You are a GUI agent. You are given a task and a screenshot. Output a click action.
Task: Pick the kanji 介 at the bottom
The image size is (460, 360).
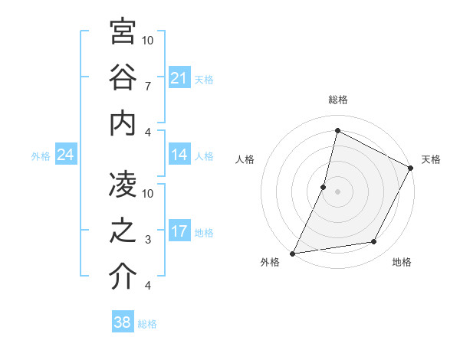pyautogui.click(x=123, y=277)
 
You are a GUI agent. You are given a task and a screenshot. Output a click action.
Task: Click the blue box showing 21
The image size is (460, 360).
pyautogui.click(x=179, y=78)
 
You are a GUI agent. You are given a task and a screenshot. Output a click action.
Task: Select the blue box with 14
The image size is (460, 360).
pyautogui.click(x=179, y=155)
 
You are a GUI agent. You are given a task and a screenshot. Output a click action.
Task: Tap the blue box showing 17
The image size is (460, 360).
pyautogui.click(x=179, y=231)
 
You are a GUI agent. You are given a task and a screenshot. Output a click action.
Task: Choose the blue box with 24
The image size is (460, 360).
pyautogui.click(x=66, y=155)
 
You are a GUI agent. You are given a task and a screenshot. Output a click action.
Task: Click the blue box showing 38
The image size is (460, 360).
pyautogui.click(x=122, y=322)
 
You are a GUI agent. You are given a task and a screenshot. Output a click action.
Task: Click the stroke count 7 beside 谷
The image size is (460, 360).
pyautogui.click(x=148, y=86)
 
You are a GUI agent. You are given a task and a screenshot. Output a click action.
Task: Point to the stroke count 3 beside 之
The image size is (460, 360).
pyautogui.click(x=148, y=240)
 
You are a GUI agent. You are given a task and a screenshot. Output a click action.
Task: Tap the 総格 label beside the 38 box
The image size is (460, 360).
pyautogui.click(x=148, y=324)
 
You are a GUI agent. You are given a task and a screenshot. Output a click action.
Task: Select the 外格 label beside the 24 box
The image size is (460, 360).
pyautogui.click(x=41, y=155)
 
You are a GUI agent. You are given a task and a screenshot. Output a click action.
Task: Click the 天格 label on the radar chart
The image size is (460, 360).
pyautogui.click(x=431, y=159)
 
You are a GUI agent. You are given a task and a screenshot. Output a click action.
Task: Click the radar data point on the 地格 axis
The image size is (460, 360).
pyautogui.click(x=374, y=242)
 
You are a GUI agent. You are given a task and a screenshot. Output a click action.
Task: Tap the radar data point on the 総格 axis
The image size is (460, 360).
pyautogui.click(x=337, y=131)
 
